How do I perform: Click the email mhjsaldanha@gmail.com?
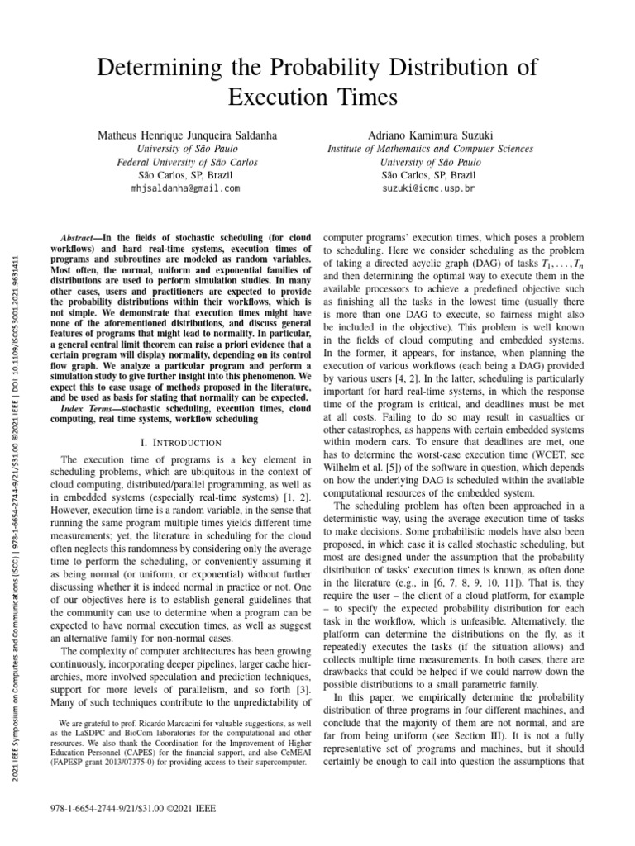(185, 188)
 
